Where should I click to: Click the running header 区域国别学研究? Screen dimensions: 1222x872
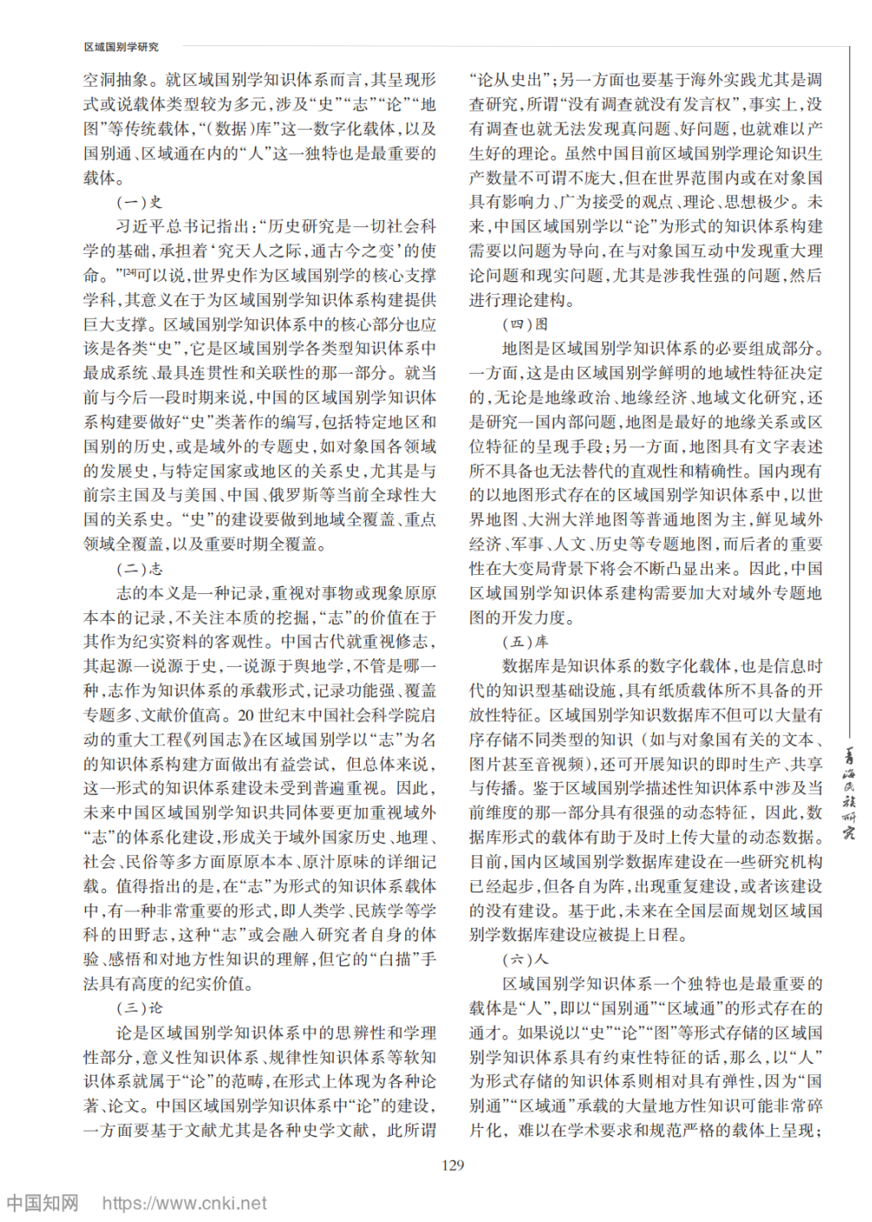coord(121,47)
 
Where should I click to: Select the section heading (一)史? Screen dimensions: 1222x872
coord(139,203)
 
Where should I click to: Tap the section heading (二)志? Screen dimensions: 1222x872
coord(139,569)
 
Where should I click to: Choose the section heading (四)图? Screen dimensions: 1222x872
coord(525,324)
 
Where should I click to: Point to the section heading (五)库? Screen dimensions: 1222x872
coord(525,642)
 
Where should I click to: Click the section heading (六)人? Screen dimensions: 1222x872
coord(525,959)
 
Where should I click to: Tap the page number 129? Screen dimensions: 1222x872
coord(453,1165)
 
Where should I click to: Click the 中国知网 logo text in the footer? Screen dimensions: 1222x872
coord(43,1204)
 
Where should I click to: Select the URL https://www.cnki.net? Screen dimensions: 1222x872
coord(184,1204)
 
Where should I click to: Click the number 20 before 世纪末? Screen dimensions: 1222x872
coord(246,716)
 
